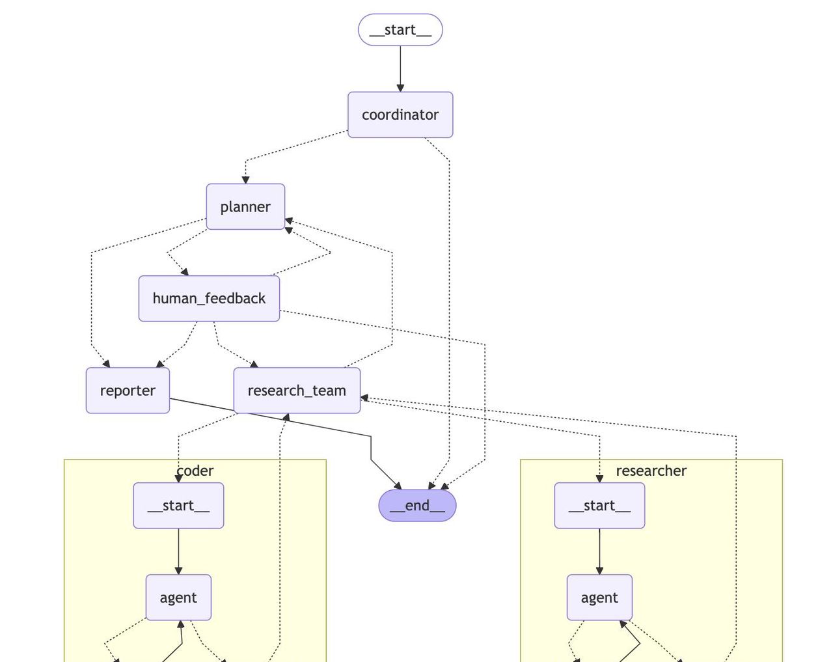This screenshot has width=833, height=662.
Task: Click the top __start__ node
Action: (400, 30)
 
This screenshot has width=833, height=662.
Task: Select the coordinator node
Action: (400, 115)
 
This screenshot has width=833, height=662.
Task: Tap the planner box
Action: (245, 207)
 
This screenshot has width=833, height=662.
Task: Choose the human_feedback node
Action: (209, 299)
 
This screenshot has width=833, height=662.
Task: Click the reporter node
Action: (128, 391)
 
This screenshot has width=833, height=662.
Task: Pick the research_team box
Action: (297, 391)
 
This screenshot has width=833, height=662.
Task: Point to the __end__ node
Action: (417, 506)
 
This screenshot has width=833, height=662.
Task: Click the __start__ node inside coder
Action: (178, 506)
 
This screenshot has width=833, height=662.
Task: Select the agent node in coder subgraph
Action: (178, 598)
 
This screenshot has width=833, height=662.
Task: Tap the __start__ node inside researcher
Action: (599, 506)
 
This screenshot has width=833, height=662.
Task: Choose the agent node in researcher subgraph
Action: (599, 598)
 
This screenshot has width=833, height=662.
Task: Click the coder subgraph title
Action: (195, 471)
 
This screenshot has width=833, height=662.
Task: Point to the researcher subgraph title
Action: (651, 471)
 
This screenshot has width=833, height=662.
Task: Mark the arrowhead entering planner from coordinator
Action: (245, 180)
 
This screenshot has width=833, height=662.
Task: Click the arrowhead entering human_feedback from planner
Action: (185, 271)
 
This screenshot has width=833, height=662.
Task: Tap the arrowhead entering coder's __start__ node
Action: (178, 478)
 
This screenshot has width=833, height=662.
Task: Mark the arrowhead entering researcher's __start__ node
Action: (599, 478)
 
